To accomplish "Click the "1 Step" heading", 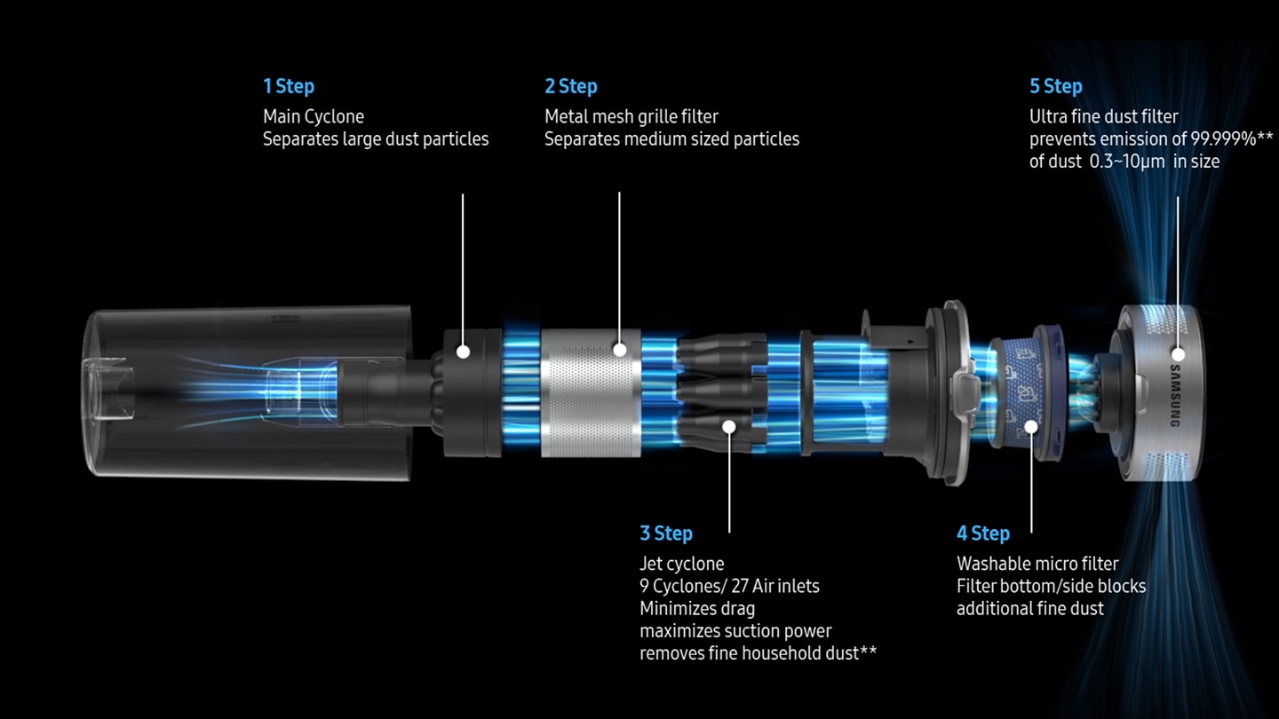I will (289, 86).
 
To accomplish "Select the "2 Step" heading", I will (571, 86).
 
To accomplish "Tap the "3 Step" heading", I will (666, 533).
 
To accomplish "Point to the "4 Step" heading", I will (983, 533).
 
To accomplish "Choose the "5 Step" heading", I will (1056, 86).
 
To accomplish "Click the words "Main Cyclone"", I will (314, 116).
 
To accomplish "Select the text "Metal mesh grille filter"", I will (632, 116).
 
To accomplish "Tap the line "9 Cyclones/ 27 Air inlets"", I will (729, 586).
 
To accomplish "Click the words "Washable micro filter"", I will (1037, 564).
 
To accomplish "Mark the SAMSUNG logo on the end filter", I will (1178, 395).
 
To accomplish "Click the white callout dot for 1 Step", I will (463, 352).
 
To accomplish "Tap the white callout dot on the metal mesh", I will (619, 351).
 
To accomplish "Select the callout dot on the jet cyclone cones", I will (729, 426).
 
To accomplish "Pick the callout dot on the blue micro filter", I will (1031, 427).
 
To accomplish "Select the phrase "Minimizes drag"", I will (697, 609).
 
